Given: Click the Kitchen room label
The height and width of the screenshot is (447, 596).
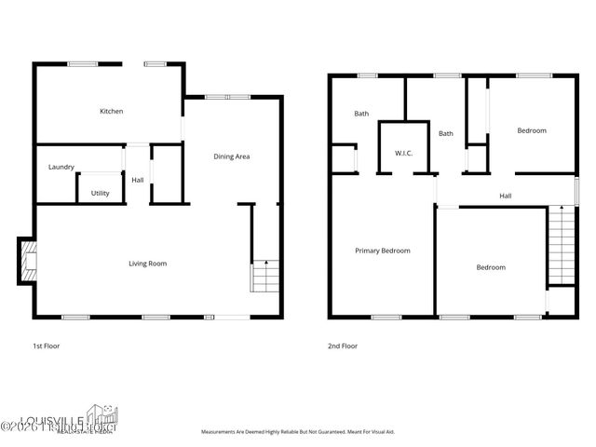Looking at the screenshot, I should point(112,112).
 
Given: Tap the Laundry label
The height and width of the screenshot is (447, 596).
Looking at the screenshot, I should point(61,168).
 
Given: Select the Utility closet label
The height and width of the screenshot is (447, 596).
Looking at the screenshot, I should point(100,193).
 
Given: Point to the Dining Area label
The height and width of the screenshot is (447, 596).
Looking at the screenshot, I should point(232,156).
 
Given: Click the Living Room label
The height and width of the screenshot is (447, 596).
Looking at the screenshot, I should point(147,264).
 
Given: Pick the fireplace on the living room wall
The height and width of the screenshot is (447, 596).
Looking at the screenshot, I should point(28,262).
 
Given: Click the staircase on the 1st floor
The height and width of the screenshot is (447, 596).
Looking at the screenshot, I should point(264,276).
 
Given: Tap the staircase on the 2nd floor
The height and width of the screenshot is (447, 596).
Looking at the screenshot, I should point(561,245).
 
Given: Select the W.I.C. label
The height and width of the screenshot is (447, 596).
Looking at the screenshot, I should point(403,153).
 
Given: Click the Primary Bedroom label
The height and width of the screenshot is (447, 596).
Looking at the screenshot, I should point(382,251).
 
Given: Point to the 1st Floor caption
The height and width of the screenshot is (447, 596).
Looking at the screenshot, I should point(47,345).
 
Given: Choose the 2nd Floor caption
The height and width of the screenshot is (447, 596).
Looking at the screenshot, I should point(342,345).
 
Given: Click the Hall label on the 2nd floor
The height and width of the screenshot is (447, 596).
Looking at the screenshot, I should point(505,196).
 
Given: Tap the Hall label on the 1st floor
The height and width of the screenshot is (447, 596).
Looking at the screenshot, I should point(137,180).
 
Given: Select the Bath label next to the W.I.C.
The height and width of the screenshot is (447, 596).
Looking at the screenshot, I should point(446,133).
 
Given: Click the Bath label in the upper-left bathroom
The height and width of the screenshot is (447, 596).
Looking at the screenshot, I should point(361,114).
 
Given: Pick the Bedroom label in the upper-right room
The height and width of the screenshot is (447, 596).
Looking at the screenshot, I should point(532,130).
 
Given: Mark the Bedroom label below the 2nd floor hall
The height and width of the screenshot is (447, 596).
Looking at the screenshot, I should point(491,267).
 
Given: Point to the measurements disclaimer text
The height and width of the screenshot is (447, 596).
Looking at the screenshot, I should point(299,432).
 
